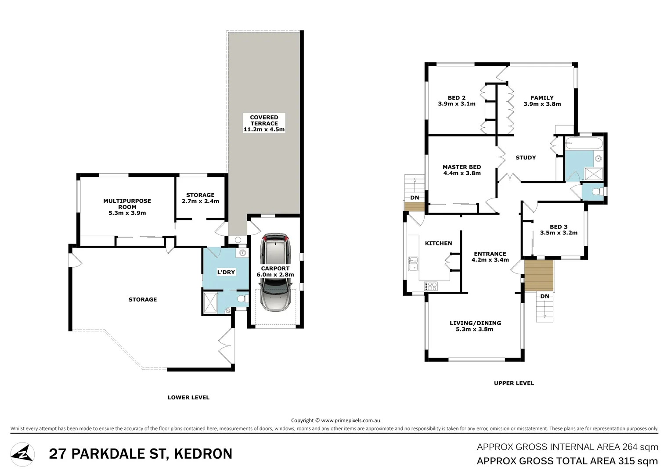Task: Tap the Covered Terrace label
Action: tap(264, 123)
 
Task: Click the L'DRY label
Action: tap(226, 272)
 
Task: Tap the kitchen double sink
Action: tap(413, 264)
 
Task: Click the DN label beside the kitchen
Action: tap(415, 197)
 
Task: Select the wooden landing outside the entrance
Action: tap(539, 275)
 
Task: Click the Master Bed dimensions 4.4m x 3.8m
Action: tap(462, 173)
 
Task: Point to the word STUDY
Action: tap(526, 158)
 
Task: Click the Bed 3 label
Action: tap(559, 227)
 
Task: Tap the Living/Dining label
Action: tap(475, 323)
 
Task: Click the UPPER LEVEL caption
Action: tap(514, 383)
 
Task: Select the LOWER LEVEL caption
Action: tap(188, 398)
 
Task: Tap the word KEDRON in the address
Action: tap(203, 454)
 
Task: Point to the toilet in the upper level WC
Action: tap(597, 192)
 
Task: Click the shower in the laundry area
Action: tap(210, 302)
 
